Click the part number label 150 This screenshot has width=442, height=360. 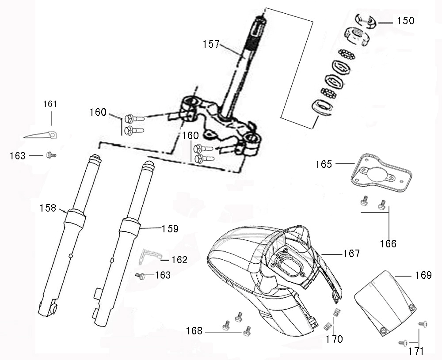405,21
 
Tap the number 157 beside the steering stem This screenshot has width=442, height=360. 211,44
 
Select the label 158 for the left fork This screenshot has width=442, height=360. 48,208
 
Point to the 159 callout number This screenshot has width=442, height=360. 170,228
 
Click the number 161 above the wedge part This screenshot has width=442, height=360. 50,104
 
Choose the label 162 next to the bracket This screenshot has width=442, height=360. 179,260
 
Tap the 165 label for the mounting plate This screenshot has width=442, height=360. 324,164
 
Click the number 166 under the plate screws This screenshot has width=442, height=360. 388,243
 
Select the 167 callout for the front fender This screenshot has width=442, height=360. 351,254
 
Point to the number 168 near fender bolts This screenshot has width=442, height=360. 194,331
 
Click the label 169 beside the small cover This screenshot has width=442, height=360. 423,276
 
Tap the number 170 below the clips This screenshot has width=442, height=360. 334,339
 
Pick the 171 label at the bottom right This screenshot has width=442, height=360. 416,352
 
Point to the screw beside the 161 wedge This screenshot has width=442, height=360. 50,155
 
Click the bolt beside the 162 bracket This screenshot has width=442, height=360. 141,276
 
